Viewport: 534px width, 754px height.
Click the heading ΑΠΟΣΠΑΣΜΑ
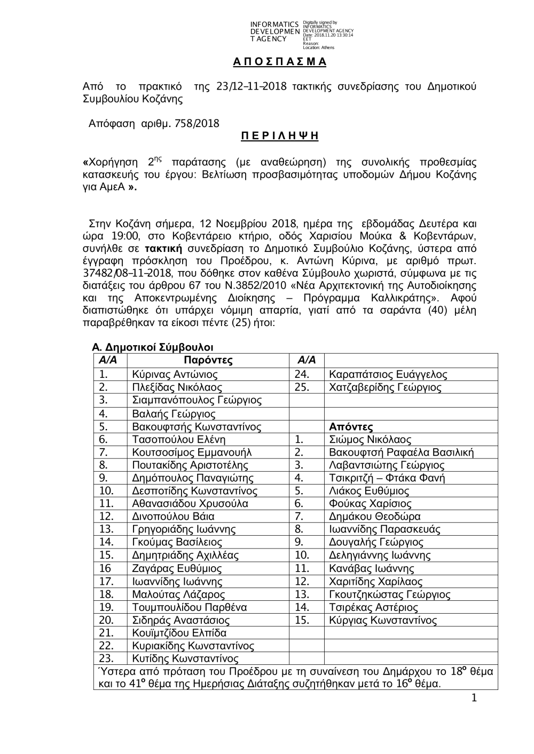280,61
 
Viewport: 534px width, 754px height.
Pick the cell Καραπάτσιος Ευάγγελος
388,375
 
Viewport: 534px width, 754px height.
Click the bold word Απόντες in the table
351,427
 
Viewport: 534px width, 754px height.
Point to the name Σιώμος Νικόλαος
370,440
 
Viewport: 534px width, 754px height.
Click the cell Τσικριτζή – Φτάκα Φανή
387,478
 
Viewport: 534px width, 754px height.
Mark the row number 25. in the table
302,387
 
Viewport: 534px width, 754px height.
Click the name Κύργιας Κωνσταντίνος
383,621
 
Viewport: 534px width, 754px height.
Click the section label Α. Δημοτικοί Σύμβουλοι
153,348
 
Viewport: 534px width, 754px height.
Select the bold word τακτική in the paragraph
164,249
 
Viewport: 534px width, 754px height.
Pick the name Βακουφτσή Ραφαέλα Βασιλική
401,453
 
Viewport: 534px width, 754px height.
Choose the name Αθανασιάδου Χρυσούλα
183,504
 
